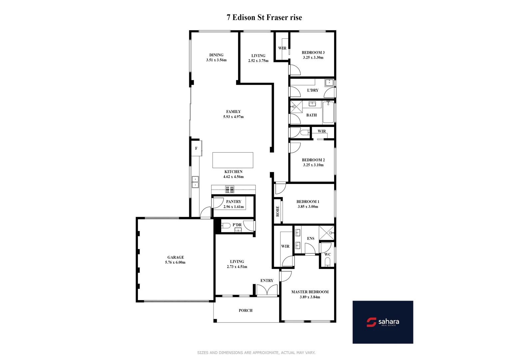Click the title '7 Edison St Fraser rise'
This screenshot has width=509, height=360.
coord(264,18)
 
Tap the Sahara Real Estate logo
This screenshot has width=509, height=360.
coord(383,322)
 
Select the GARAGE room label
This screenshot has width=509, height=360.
coord(176,257)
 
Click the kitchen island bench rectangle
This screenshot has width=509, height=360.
coord(233,160)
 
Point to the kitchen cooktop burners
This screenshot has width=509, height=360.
coord(230,190)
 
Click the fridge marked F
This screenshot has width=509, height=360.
coord(196,149)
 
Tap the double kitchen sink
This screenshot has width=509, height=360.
coord(195,182)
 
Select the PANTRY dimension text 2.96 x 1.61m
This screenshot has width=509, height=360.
coord(234,207)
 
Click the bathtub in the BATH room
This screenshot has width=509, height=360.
coord(328,113)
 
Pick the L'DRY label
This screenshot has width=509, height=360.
coord(312,90)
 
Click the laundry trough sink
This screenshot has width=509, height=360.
coord(329,83)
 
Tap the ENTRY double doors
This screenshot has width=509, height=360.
coord(267,290)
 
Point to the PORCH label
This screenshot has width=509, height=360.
coord(246,311)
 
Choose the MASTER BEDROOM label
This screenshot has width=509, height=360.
coord(310,292)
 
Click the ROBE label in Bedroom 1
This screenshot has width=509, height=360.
coord(278,211)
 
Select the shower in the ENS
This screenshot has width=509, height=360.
coord(326,233)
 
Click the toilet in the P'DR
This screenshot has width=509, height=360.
coord(226,226)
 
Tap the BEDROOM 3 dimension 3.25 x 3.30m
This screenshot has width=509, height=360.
coord(313,58)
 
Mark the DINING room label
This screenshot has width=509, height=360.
coord(216,55)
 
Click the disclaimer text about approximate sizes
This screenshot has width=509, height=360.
coord(256,353)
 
